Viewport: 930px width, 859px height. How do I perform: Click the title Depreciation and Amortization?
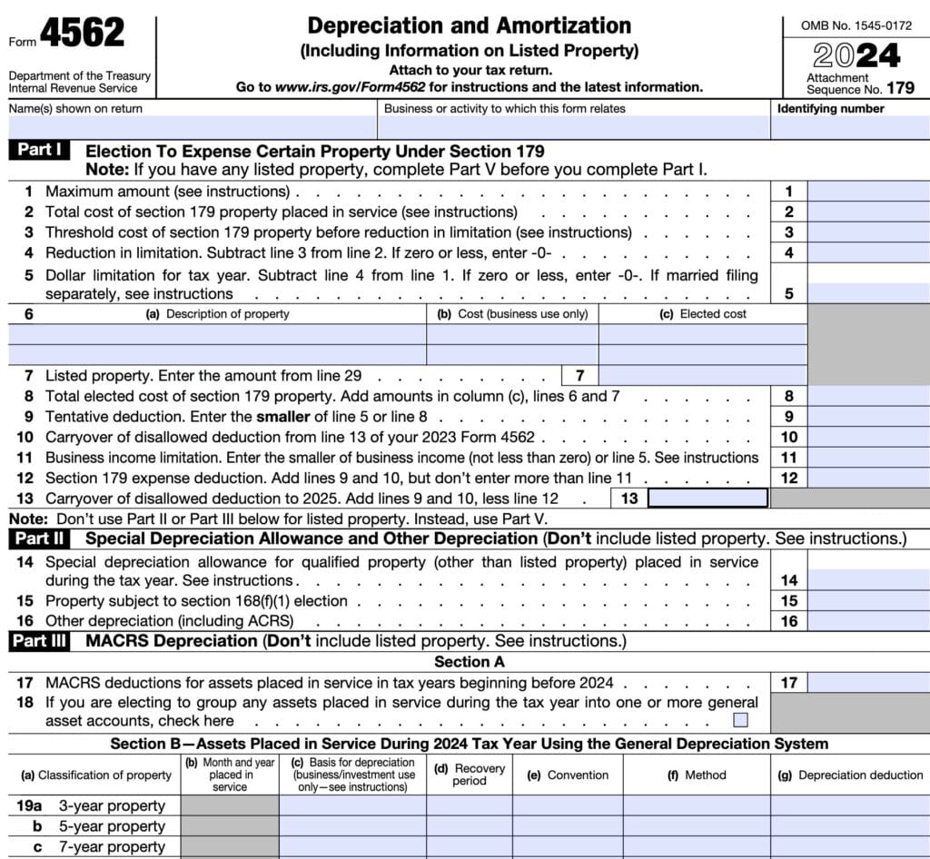point(469,25)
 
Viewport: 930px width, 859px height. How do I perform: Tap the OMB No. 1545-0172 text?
point(856,26)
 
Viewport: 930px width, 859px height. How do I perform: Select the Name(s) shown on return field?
point(192,127)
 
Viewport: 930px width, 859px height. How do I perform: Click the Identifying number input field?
point(850,127)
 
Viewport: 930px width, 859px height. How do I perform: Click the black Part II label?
point(42,538)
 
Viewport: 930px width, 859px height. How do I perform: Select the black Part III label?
point(43,641)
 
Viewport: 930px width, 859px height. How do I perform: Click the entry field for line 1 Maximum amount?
point(868,192)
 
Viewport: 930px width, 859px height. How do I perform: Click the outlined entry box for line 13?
point(707,498)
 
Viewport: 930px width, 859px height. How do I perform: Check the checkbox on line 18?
point(741,720)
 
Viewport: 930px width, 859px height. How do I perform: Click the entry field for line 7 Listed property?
point(702,375)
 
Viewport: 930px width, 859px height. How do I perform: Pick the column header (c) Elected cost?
point(702,314)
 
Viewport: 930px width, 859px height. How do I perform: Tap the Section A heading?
point(469,662)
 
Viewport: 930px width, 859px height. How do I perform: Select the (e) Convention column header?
point(578,775)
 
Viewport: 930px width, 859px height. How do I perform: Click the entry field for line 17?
point(868,683)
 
